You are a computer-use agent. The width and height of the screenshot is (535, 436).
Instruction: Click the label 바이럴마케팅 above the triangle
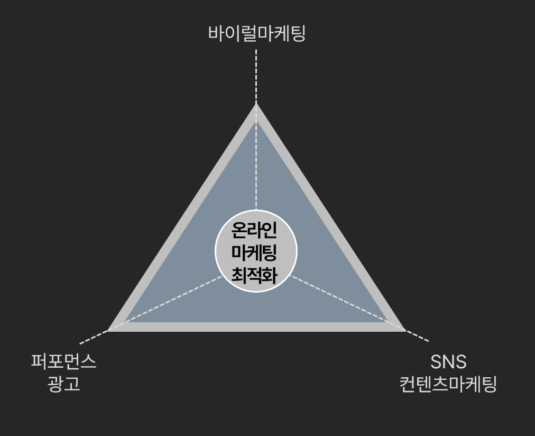(x=257, y=34)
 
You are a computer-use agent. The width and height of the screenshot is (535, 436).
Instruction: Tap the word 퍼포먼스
(x=64, y=362)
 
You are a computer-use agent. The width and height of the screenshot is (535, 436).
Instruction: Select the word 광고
(x=64, y=384)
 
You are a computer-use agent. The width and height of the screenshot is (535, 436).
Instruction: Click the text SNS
(x=448, y=362)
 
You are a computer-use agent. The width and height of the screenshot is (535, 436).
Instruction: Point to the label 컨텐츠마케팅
(x=448, y=384)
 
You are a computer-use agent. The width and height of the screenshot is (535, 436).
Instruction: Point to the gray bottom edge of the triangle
(x=256, y=327)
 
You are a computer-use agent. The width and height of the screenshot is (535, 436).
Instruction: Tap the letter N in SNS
(x=448, y=362)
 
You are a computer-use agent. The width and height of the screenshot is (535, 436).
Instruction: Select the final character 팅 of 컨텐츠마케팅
(x=488, y=384)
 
